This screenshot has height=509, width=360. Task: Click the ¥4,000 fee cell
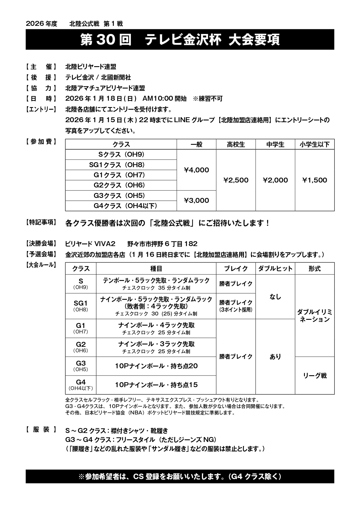[x=196, y=170]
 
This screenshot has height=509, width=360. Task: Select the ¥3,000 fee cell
[x=196, y=201]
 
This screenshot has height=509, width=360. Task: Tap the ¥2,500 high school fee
[x=236, y=180]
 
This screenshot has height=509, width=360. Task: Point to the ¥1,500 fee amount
[x=314, y=180]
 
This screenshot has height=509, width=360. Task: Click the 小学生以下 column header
[x=314, y=145]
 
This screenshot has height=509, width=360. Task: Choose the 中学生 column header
[x=275, y=145]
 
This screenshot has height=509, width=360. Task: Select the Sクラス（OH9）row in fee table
[x=121, y=154]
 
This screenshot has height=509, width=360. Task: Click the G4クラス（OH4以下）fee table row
[x=121, y=206]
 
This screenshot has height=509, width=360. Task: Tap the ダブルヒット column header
[x=275, y=269]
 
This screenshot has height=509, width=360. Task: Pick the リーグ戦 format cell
[x=315, y=376]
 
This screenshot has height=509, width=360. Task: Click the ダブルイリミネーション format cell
[x=315, y=316]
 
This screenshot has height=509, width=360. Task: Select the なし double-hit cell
[x=275, y=297]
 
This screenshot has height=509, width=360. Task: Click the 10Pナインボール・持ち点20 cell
[x=156, y=366]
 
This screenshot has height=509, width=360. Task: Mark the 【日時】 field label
[x=41, y=99]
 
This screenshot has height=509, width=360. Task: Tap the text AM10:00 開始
[x=164, y=99]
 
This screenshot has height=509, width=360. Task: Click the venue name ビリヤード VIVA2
[x=91, y=244]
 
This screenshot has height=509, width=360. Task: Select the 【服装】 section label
[x=41, y=430]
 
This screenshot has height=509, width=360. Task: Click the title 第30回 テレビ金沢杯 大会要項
[x=180, y=40]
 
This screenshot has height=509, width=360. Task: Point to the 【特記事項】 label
[x=41, y=223]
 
